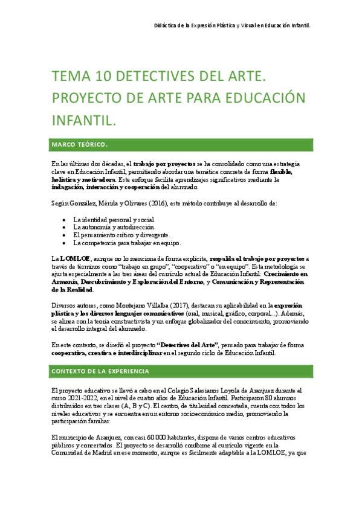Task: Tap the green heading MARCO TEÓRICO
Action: pyautogui.click(x=80, y=145)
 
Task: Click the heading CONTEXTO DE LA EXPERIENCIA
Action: pyautogui.click(x=101, y=371)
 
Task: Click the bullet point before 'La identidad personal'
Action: pyautogui.click(x=65, y=219)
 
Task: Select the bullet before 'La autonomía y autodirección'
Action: pyautogui.click(x=65, y=227)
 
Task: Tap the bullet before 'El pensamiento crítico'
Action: pyautogui.click(x=65, y=235)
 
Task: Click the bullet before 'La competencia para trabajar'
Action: pyautogui.click(x=65, y=243)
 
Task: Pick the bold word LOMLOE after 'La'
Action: pyautogui.click(x=73, y=258)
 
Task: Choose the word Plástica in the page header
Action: pyautogui.click(x=221, y=26)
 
